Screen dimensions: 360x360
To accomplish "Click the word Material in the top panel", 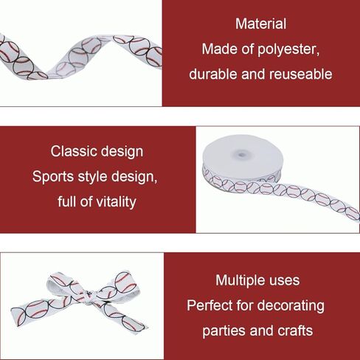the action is point(260,24).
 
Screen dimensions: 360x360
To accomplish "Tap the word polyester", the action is point(288,49).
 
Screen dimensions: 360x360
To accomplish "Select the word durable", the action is point(213,74).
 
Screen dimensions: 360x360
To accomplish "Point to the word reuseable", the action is point(300,74).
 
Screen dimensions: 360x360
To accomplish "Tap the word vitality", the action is point(116,202).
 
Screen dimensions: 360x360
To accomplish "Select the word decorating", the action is point(291,306).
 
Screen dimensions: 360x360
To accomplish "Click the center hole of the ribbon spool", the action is point(242,155).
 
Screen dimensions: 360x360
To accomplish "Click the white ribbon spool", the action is point(243,163).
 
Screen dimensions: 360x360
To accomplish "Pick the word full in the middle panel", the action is point(66,201).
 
